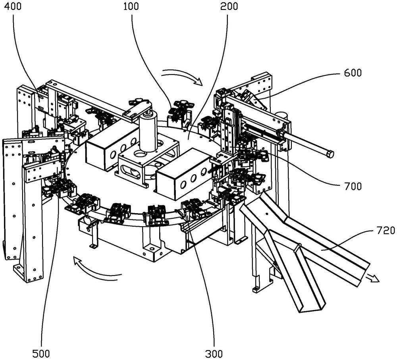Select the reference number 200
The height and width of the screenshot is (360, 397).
pos(229,7)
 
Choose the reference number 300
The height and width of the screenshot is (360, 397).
pos(214,353)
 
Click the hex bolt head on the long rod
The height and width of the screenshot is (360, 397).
pos(329,154)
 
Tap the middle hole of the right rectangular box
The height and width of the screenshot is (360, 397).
pos(193,179)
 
